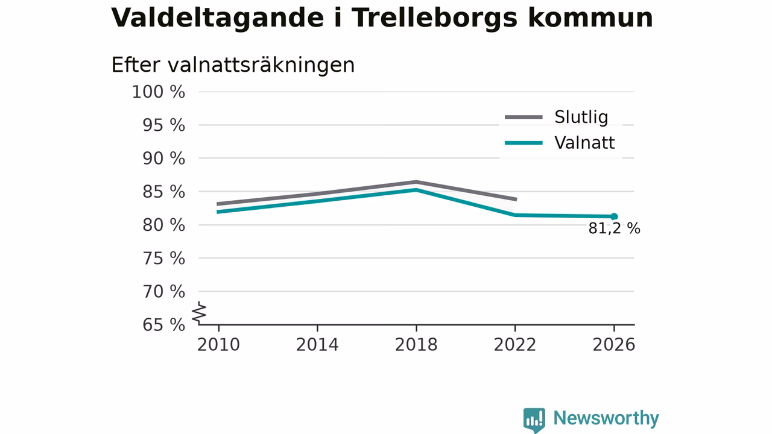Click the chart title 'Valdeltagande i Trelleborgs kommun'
[382, 19]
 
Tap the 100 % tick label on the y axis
[159, 92]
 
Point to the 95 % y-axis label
[163, 125]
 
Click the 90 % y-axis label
[163, 159]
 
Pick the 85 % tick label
[163, 192]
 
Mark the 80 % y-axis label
[163, 225]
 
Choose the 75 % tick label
[163, 259]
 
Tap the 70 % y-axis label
[163, 292]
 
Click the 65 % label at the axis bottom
[163, 325]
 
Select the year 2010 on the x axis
[218, 345]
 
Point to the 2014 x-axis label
[317, 345]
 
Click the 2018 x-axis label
[416, 345]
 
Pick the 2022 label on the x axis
[515, 345]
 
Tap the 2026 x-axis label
[614, 345]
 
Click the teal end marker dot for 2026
[614, 216]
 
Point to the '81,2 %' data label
[614, 228]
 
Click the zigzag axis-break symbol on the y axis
[199, 313]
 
